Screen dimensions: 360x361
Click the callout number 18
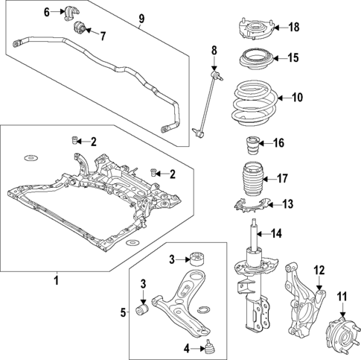(x=293, y=28)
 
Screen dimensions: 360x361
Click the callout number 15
(x=293, y=57)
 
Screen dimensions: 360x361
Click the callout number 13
(x=288, y=203)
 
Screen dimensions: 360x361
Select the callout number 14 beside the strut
(x=276, y=234)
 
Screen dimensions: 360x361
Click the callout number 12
(x=320, y=270)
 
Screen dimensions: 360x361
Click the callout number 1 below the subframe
(x=55, y=280)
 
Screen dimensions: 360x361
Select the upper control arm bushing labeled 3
(x=198, y=259)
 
